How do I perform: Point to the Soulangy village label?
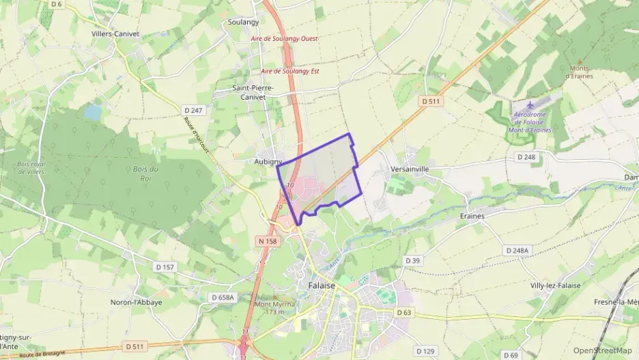tap(243, 22)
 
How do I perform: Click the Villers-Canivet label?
tap(115, 33)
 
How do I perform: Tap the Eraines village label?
tap(472, 216)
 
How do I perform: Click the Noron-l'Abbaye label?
tap(137, 302)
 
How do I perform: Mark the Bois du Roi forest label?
tap(145, 173)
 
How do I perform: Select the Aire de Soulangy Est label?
tap(290, 71)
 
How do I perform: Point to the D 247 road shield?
tap(194, 109)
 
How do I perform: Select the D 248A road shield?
tap(517, 251)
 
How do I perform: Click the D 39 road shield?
tap(412, 260)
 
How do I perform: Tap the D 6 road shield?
tap(56, 4)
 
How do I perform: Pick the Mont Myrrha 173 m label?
tap(274, 308)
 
